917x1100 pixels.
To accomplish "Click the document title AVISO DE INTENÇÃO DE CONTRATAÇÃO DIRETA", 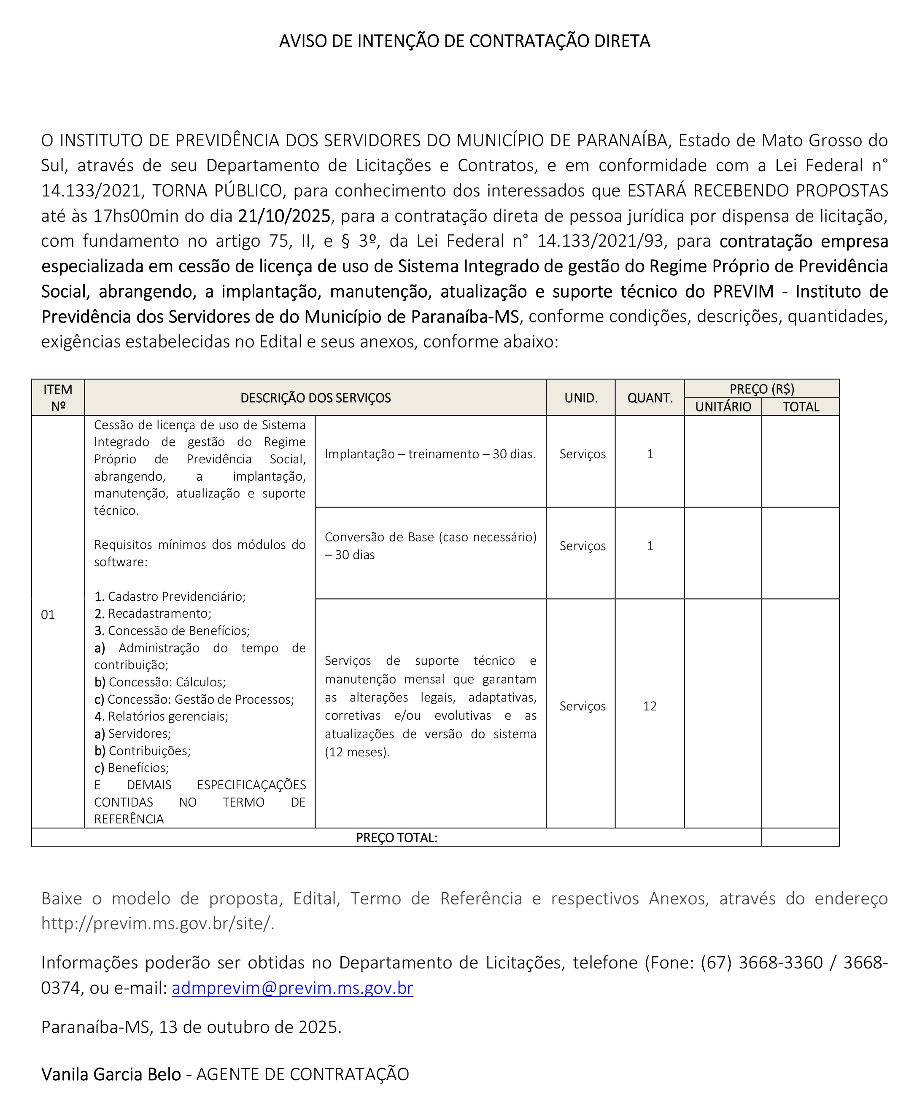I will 464,41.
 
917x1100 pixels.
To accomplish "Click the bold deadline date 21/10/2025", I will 284,216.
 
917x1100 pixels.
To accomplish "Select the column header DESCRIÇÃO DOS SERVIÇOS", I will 316,398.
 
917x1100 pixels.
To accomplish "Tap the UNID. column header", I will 580,398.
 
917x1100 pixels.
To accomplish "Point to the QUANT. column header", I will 650,398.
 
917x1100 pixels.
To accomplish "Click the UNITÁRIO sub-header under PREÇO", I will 723,407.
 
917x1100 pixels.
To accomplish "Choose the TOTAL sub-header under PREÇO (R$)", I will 800,407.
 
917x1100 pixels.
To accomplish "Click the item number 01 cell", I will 48,614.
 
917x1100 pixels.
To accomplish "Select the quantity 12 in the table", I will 649,706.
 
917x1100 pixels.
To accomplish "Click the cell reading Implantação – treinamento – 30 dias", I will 430,454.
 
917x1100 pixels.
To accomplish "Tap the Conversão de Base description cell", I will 430,546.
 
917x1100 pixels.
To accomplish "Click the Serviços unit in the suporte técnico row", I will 582,706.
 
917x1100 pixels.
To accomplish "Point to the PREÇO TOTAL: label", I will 396,838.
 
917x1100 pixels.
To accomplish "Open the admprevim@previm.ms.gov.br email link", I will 292,988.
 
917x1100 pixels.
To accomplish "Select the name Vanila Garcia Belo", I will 111,1074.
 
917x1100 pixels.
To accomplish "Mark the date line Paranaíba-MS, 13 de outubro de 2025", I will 191,1027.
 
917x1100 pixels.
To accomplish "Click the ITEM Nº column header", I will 58,398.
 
